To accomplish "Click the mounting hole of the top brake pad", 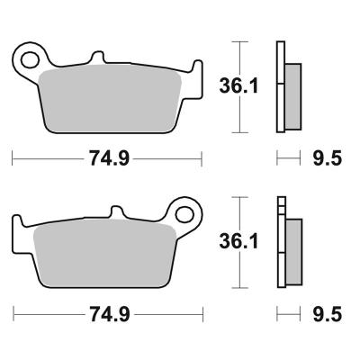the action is coord(30,60).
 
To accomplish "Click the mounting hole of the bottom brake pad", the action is coord(184,214).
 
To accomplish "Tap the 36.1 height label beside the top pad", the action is coord(238,85).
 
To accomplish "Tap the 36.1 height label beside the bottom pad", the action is coord(238,241).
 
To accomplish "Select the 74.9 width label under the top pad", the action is coord(110,158).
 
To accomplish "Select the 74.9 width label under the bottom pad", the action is coord(110,314).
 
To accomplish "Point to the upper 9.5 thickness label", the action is coord(328,158).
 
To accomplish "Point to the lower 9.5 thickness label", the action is coord(328,314).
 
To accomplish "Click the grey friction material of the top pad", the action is coord(110,99).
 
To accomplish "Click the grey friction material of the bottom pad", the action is coord(104,254).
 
